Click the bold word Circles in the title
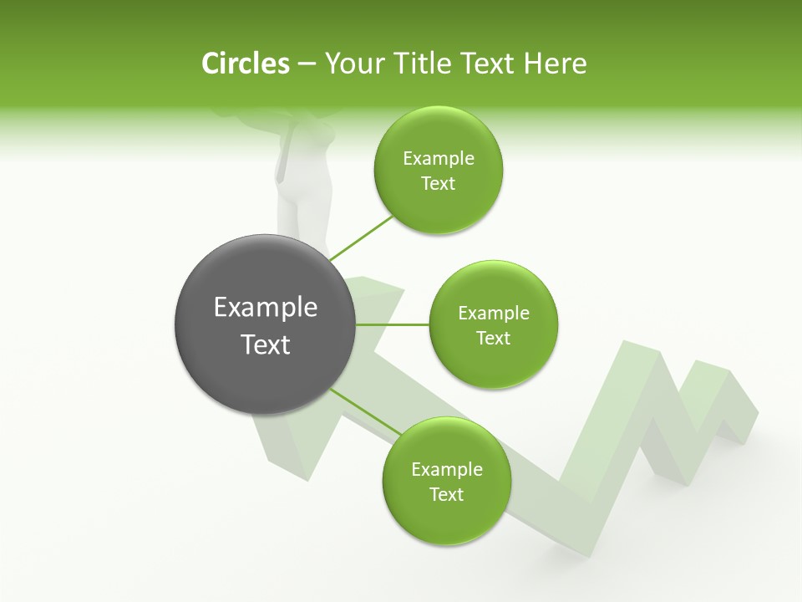246,64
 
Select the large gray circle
266,324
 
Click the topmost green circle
438,171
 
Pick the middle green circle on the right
493,325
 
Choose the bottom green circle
446,482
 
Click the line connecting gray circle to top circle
361,238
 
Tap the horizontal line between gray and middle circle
393,324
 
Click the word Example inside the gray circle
266,308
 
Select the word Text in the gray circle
266,344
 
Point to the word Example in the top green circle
438,159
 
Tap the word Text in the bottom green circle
446,495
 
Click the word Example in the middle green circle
493,314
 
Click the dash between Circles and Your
307,64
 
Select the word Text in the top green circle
438,184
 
